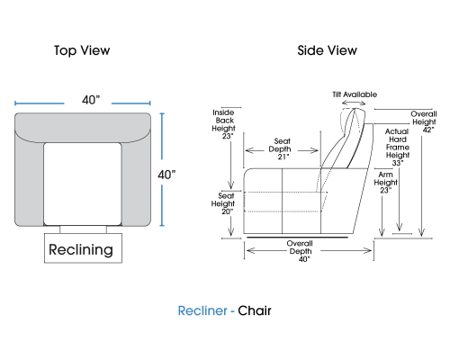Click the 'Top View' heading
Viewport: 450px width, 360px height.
coord(82,50)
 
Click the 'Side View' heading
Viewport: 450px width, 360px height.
coord(328,50)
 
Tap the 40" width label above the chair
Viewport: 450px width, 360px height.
coord(91,100)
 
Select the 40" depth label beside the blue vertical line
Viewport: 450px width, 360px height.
coord(166,175)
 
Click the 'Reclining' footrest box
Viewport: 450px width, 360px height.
coord(83,248)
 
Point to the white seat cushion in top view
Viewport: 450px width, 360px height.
coord(83,184)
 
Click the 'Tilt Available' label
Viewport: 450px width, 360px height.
coord(355,94)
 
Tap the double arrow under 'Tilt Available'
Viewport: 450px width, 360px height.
coord(354,103)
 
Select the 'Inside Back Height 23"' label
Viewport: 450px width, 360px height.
coord(223,124)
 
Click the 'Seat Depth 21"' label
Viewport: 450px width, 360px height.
coord(281,148)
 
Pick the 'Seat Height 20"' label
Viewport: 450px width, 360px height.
coord(223,203)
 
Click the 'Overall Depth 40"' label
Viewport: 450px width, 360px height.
coord(301,251)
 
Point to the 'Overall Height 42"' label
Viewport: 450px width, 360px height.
coord(424,121)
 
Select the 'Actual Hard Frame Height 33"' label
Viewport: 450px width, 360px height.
coord(397,147)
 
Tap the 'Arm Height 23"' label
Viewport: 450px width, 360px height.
coord(385,183)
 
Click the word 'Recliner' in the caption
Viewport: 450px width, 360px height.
coord(202,310)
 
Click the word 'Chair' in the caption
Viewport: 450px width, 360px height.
coord(255,310)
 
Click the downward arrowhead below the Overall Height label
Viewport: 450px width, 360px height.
coord(421,232)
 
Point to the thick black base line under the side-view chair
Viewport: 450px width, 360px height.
coord(297,238)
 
